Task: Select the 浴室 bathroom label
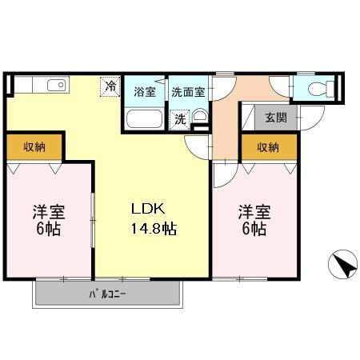tap(145, 91)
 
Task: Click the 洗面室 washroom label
tap(187, 91)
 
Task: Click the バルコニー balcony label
tap(107, 294)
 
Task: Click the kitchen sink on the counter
tap(55, 86)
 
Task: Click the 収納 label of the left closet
tap(34, 147)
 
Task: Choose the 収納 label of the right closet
tap(268, 147)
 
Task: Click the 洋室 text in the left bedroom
tap(49, 212)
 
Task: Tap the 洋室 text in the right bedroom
tap(254, 212)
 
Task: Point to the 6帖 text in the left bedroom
tap(49, 230)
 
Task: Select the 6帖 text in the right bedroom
tap(254, 230)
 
